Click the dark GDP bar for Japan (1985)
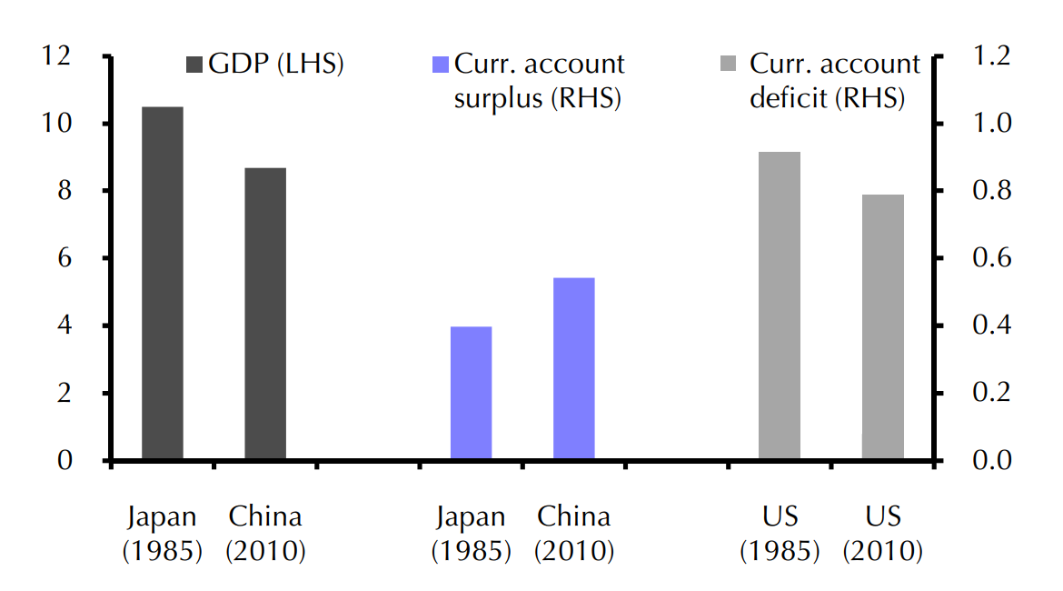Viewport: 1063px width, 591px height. point(162,283)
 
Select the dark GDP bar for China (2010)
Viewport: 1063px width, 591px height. point(265,314)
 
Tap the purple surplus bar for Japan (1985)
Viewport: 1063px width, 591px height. point(471,393)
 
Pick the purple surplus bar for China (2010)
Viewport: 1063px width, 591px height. point(574,368)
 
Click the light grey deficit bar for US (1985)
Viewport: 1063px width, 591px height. point(780,306)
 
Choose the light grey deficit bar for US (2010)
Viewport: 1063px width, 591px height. point(883,327)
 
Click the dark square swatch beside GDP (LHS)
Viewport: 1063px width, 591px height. point(194,65)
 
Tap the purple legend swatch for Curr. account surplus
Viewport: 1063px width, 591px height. point(441,65)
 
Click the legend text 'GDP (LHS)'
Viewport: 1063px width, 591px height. point(275,65)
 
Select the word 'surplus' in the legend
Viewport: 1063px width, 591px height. point(499,98)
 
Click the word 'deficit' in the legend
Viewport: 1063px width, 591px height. point(788,98)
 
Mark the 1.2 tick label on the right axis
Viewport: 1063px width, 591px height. point(992,56)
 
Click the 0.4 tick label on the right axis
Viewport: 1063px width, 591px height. point(992,326)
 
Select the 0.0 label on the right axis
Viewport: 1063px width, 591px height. point(992,460)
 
